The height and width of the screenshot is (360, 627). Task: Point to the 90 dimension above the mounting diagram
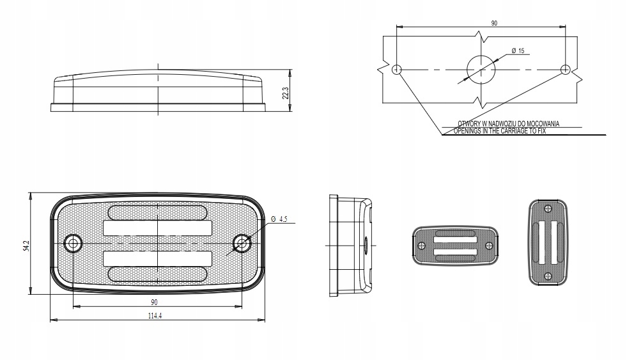coord(494,23)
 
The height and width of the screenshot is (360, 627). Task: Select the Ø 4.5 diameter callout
coord(279,219)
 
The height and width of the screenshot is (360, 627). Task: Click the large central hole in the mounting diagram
coord(481,69)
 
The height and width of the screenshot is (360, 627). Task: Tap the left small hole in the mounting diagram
coord(397,69)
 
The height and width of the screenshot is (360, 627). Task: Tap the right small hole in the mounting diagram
coord(565,69)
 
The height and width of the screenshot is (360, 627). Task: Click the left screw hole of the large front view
coord(74,243)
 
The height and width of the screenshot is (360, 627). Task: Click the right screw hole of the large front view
coord(242,243)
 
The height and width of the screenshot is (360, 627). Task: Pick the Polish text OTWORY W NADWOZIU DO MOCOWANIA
coord(509,124)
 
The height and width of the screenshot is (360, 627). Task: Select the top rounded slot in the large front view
coord(157,211)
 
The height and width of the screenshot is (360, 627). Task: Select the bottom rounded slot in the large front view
coord(157,274)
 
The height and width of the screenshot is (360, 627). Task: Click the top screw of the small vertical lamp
coord(548,209)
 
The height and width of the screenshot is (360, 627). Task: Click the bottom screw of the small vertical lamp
coord(548,276)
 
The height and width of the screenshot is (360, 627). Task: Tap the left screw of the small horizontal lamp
coord(421,246)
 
